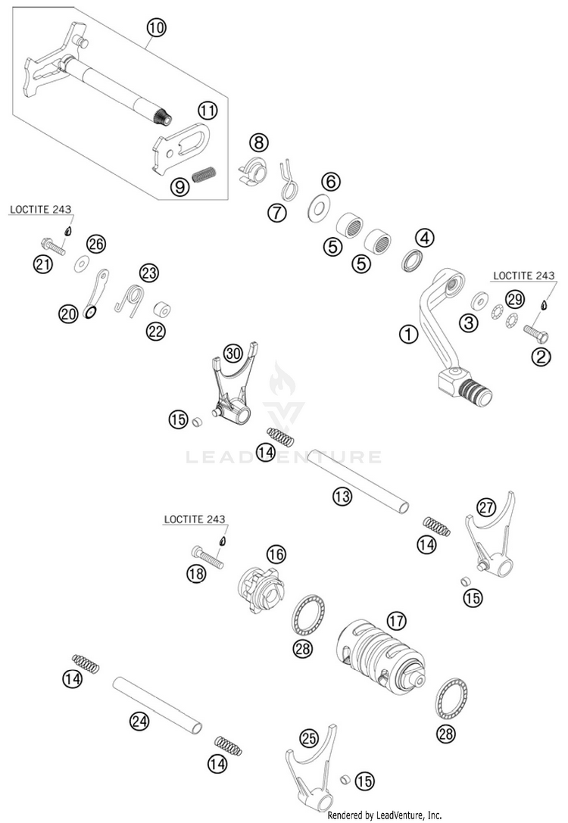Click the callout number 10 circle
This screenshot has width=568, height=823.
coord(156,27)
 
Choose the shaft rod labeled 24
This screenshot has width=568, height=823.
coord(158,704)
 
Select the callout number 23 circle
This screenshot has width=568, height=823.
coord(148,273)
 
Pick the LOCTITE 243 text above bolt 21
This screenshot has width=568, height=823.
coord(41,210)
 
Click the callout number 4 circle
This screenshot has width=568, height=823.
coord(424,238)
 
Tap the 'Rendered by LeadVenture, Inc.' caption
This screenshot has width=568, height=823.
coord(385,815)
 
